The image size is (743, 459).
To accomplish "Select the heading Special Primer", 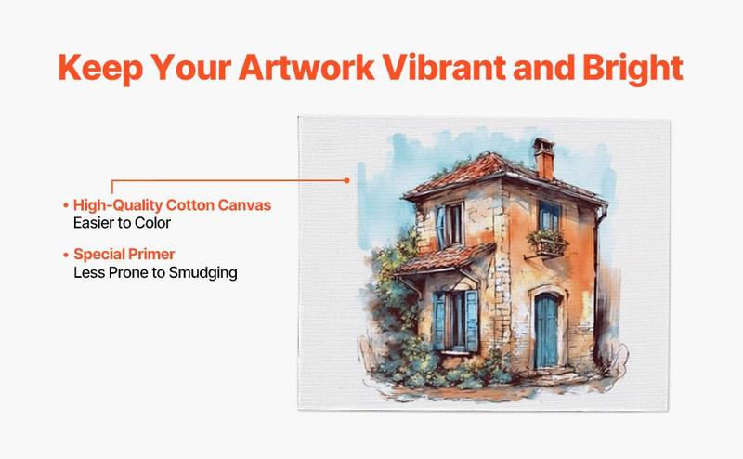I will (125, 254).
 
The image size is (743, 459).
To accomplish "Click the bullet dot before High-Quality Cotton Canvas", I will (65, 204).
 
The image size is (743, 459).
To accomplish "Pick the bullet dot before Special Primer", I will (65, 254).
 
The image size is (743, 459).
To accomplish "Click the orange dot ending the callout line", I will (346, 179).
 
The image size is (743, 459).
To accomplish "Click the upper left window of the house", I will (450, 224).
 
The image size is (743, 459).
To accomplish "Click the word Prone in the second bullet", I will (124, 272).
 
